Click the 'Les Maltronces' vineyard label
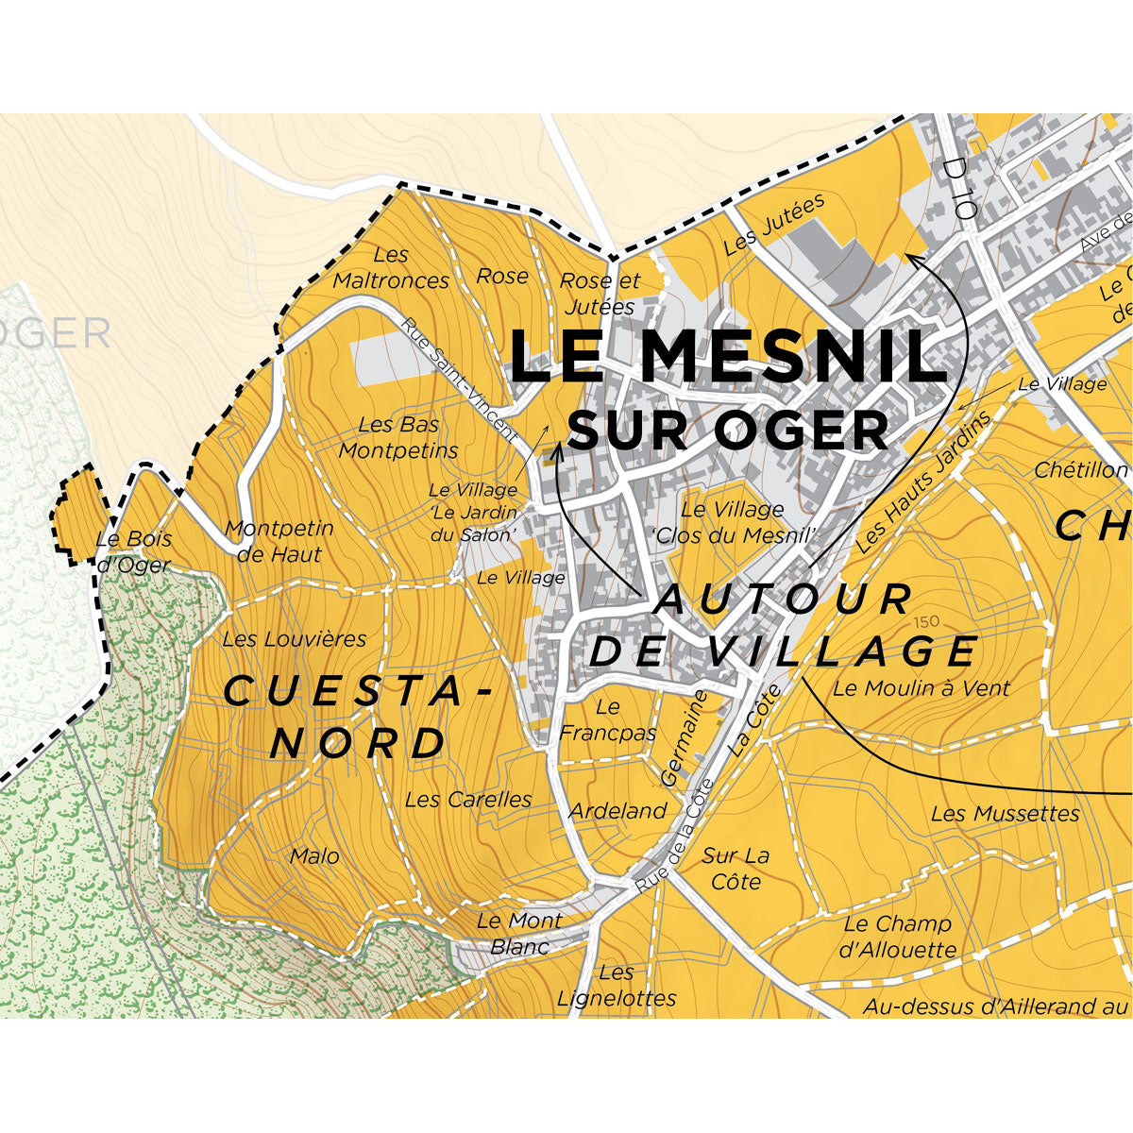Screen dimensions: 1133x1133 (x=391, y=268)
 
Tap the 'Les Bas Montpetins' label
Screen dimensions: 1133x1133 (x=398, y=438)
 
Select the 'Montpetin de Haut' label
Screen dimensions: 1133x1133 (x=279, y=541)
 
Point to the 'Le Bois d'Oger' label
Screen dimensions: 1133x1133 (x=134, y=551)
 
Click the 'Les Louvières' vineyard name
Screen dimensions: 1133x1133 (x=295, y=639)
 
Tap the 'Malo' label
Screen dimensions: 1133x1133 (x=314, y=856)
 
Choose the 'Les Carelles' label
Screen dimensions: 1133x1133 (x=468, y=800)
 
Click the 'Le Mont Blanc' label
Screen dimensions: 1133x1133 (x=519, y=933)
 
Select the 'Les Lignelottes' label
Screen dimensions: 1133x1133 (x=617, y=985)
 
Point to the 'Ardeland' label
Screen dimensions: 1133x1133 (x=617, y=811)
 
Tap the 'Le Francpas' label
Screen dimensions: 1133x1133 (x=608, y=719)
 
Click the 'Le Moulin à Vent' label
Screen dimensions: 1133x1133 (x=921, y=688)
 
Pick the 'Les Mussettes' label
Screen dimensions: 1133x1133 (x=1005, y=813)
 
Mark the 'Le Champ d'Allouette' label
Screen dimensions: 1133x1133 (x=897, y=937)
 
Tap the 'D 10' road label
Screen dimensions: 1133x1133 (x=958, y=188)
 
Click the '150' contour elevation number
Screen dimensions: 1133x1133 (x=926, y=622)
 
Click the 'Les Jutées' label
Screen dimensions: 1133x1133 (x=774, y=225)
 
